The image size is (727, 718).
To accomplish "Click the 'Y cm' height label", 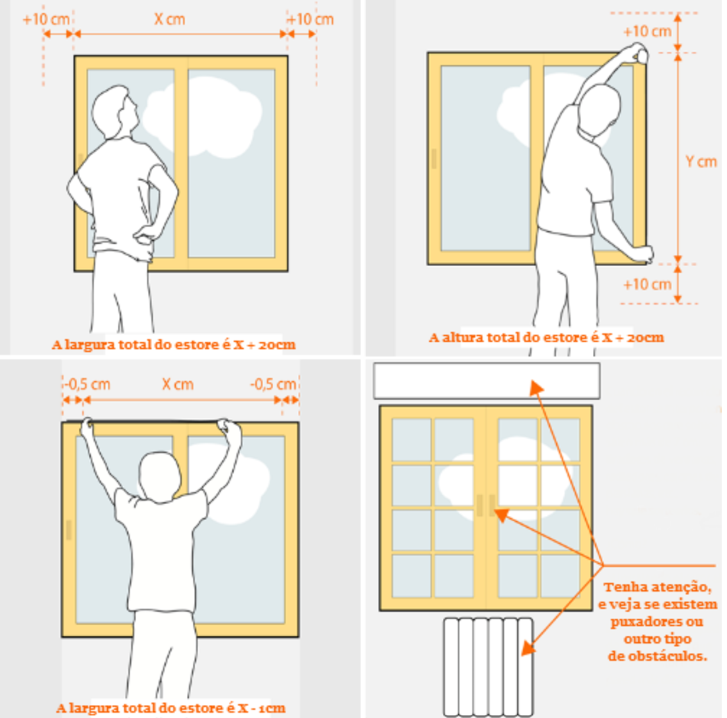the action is coord(701,162).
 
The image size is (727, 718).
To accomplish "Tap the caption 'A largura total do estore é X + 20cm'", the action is coord(173,345).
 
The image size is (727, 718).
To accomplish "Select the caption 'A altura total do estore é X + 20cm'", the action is coord(546,337).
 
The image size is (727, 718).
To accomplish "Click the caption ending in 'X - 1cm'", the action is coord(171,708).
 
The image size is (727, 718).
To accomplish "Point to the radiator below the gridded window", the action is coord(489,667).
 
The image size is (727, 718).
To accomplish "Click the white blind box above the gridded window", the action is coord(487,381).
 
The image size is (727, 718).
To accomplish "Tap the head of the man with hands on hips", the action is coord(115,112).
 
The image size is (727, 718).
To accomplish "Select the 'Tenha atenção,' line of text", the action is coord(658,587).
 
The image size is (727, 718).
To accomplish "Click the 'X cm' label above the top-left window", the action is coord(170,19).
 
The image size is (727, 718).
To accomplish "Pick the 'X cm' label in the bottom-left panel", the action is coord(178,384).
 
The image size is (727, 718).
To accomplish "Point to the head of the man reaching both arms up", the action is coord(160,476).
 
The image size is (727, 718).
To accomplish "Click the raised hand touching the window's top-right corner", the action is coord(637,52).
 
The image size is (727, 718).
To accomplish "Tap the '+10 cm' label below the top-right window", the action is coord(648,284).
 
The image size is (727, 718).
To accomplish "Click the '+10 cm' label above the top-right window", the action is coord(648,31).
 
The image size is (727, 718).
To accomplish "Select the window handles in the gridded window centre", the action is coord(485,505).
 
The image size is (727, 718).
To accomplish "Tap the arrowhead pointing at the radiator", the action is coord(528,648).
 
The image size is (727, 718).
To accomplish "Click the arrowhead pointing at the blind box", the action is coord(537,387).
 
